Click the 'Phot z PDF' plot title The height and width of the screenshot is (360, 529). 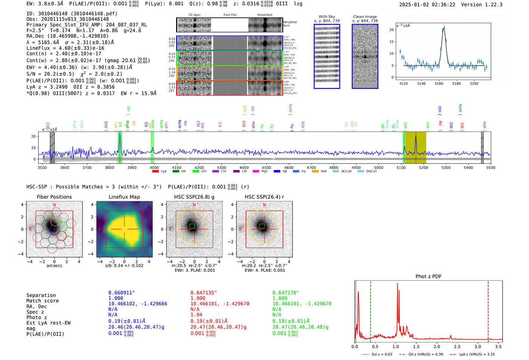coord(428,277)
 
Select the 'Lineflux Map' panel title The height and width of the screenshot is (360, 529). coord(124,197)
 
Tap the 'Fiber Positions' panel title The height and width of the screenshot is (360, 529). coord(54,197)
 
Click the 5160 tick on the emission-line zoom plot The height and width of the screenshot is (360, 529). coord(439,83)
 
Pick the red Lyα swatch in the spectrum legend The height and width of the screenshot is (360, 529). coord(155,172)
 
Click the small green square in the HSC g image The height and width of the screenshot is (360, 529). coord(192,226)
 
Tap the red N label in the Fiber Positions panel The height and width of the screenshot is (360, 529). coord(54,205)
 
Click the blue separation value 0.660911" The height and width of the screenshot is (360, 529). coord(121,293)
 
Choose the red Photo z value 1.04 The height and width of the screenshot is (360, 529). coord(196,315)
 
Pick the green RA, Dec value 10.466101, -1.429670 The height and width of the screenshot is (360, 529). coord(302,304)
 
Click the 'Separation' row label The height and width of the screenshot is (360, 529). coord(41,295)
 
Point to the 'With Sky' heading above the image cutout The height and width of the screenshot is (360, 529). coord(326,17)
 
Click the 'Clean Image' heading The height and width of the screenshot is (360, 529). coord(365,17)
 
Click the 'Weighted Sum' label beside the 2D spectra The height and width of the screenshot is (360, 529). coord(290,24)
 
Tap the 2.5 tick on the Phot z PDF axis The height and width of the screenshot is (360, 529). coord(457,346)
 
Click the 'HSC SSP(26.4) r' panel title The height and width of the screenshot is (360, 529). coord(264,197)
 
